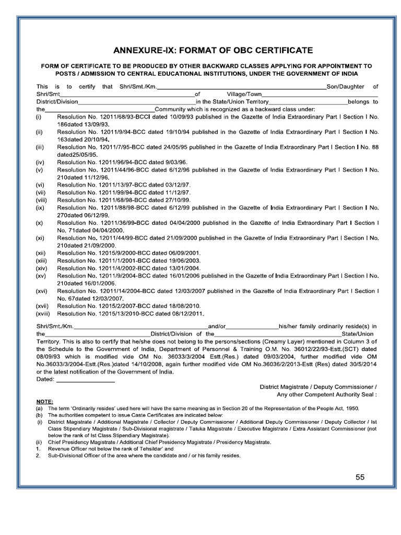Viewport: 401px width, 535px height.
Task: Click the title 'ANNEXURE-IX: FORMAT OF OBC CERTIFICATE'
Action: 214,51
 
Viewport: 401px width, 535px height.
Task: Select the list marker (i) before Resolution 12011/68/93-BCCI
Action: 39,118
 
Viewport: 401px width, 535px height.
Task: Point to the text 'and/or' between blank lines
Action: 216,326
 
